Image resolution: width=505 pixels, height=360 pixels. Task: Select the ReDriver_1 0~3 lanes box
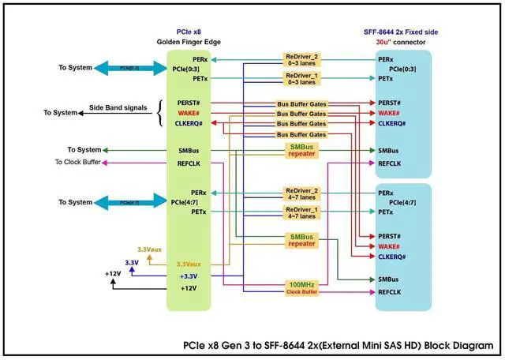pos(304,78)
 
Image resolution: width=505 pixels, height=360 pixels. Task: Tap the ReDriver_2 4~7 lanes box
pos(304,192)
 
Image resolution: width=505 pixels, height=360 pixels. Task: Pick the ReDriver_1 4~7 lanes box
pos(304,211)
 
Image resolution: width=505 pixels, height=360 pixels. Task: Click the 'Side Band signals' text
pos(118,107)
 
